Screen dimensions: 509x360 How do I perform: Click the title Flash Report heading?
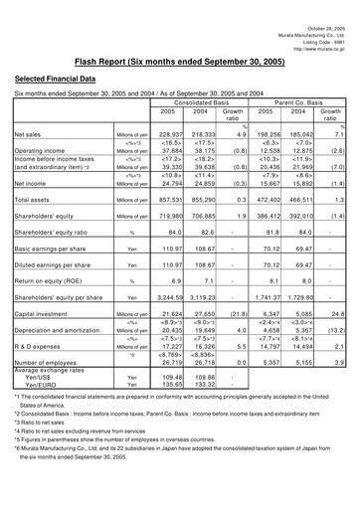pyautogui.click(x=179, y=59)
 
